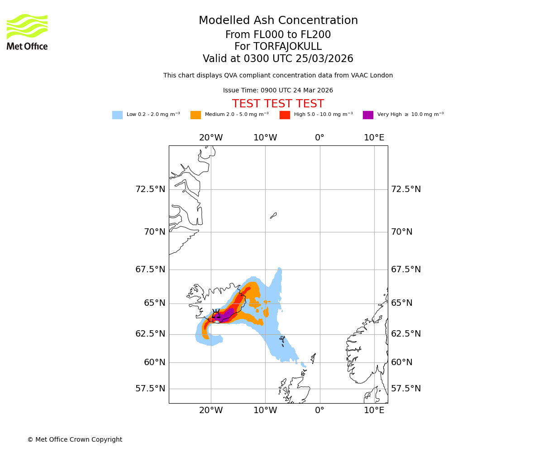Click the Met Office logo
pyautogui.click(x=27, y=32)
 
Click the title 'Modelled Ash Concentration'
pyautogui.click(x=278, y=20)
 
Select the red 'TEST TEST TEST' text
pyautogui.click(x=278, y=104)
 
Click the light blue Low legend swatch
pyautogui.click(x=117, y=115)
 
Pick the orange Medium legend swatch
pyautogui.click(x=195, y=115)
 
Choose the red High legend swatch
pyautogui.click(x=285, y=115)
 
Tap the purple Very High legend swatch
pyautogui.click(x=368, y=115)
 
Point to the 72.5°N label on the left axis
pyautogui.click(x=150, y=189)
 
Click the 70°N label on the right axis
pyautogui.click(x=402, y=232)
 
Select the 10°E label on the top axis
pyautogui.click(x=374, y=138)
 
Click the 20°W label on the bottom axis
pyautogui.click(x=211, y=410)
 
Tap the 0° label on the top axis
pyautogui.click(x=319, y=138)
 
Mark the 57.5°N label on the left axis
pyautogui.click(x=150, y=389)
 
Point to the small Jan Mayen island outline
pyautogui.click(x=273, y=216)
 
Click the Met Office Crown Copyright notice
pyautogui.click(x=75, y=439)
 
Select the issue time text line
pyautogui.click(x=278, y=91)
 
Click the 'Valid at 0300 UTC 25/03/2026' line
pyautogui.click(x=278, y=59)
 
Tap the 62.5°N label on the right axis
pyautogui.click(x=406, y=334)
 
